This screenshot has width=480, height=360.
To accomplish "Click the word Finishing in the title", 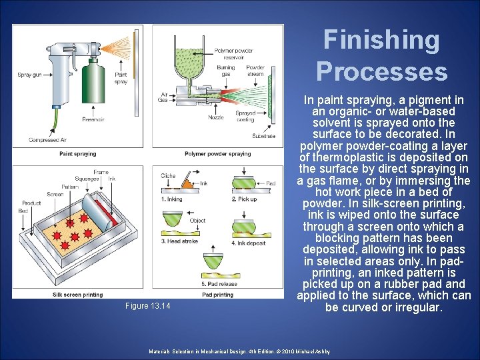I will point(381,41).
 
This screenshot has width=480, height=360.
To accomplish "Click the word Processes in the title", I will point(381,71).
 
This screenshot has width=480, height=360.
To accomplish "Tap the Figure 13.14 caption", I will point(148,306).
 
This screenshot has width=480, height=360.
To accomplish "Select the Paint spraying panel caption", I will point(78,154).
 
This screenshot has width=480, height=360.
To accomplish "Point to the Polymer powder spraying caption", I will point(218,154).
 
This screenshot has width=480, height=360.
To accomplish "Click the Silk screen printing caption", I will point(78,295).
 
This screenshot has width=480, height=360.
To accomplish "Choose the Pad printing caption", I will point(217,295).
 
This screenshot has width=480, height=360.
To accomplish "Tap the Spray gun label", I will point(29,75).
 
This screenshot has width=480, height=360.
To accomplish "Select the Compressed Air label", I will point(47,140).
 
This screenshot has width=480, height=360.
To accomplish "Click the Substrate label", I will point(263,136).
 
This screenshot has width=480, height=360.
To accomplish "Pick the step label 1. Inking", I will point(172,199).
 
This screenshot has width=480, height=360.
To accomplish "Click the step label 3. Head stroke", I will point(179,241).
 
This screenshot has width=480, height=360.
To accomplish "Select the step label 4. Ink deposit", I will point(250,243).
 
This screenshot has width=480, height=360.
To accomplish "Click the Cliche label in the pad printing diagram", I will point(168,176).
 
